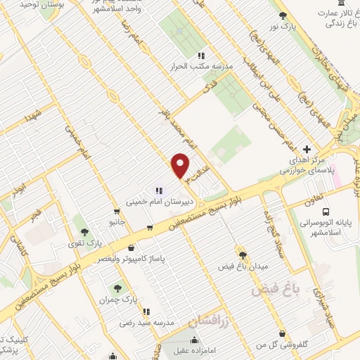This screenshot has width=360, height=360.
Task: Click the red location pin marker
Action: pyautogui.click(x=181, y=166)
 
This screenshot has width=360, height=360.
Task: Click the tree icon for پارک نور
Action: pyautogui.click(x=283, y=15)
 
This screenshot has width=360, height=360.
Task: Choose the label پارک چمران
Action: pyautogui.click(x=118, y=300)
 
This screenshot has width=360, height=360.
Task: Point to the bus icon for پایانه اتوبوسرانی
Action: pyautogui.click(x=326, y=211)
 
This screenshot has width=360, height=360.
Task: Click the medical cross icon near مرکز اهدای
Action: pyautogui.click(x=307, y=149)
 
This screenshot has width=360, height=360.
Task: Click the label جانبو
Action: pyautogui.click(x=115, y=222)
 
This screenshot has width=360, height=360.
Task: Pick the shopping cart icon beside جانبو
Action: pyautogui.click(x=115, y=210)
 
